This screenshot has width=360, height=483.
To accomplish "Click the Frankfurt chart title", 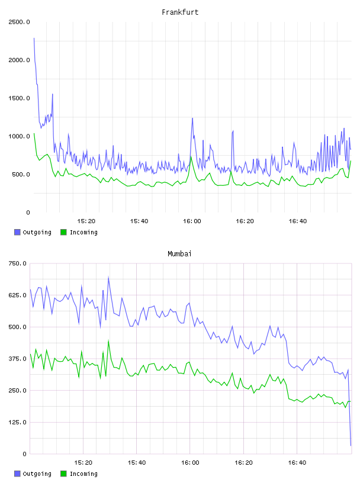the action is [x=180, y=12].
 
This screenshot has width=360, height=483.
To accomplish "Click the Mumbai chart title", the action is [x=179, y=254].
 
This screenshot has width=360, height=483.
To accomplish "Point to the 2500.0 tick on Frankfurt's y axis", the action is [x=19, y=22].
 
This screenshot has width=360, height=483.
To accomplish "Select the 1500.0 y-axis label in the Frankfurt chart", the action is [x=19, y=98].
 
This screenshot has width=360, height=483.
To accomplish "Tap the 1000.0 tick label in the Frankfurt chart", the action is [x=19, y=137].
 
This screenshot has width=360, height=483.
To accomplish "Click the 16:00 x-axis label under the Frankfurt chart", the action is [x=192, y=221].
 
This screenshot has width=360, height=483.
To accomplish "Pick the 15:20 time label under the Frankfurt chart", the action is [x=86, y=221].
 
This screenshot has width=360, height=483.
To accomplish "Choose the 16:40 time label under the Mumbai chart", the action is [x=297, y=463].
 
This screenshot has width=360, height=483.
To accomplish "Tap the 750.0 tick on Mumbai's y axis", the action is [x=18, y=263].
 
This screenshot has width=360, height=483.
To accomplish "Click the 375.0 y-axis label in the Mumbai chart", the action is [x=18, y=359].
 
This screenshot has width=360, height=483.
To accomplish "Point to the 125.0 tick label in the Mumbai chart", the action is [x=18, y=422].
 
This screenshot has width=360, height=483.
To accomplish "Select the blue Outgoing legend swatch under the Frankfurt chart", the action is [x=17, y=232].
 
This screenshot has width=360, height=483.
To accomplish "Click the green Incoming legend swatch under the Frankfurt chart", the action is [x=63, y=232].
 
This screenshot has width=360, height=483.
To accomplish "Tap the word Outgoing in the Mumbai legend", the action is [x=37, y=474].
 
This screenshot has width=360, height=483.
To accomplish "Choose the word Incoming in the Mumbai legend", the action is [x=83, y=474].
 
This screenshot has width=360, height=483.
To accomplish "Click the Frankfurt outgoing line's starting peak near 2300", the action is [x=34, y=38].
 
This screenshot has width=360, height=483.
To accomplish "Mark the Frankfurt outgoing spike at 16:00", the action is [x=192, y=118].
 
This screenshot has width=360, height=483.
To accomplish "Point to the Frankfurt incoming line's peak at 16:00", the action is [x=191, y=157].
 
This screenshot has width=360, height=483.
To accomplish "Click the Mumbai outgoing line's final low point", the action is [x=351, y=446].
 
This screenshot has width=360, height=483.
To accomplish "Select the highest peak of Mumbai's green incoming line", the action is [x=108, y=340].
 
